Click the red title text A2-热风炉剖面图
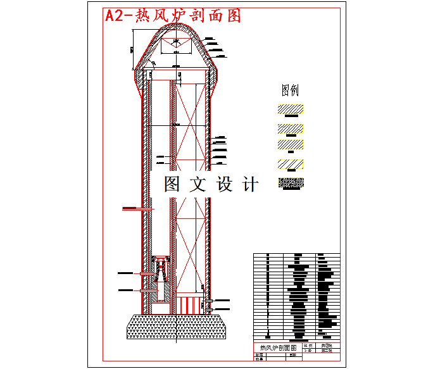tap(173, 16)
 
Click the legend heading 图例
tap(290, 89)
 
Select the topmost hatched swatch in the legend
tap(290, 109)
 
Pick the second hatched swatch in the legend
tap(290, 128)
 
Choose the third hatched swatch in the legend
tap(290, 145)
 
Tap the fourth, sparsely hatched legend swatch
tap(290, 165)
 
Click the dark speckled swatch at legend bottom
tap(291, 184)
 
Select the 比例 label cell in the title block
tap(308, 346)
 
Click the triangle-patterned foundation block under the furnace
tap(177, 327)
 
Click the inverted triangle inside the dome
tap(177, 45)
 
